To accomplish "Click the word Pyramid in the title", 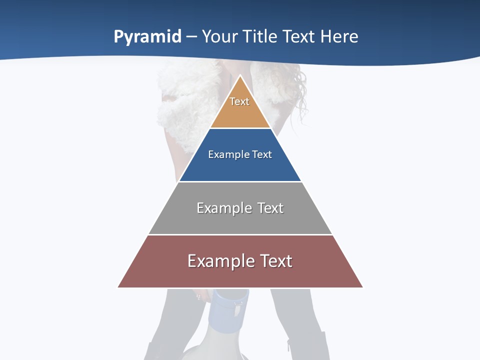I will pos(147,37).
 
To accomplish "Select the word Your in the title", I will pos(220,36).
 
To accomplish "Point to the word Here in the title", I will pos(339,36).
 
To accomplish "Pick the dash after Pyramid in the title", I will pos(191,37).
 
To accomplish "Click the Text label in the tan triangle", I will pos(239,101).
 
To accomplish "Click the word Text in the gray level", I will pos(270,208).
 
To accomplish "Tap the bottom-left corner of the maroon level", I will pos(119,287).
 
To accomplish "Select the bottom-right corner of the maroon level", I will pos(362,287).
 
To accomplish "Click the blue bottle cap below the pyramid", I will pos(230,305).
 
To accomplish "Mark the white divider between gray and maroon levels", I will pos(240,234).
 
